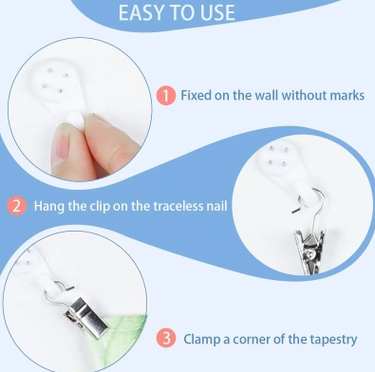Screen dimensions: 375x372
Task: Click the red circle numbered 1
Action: [x=166, y=96]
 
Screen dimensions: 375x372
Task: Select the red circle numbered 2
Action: [x=16, y=206]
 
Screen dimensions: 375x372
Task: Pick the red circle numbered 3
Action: [x=166, y=339]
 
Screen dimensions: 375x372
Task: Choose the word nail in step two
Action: [x=217, y=206]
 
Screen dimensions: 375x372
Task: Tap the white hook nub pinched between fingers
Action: [x=77, y=119]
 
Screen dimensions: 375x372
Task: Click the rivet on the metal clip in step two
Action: [x=311, y=252]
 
